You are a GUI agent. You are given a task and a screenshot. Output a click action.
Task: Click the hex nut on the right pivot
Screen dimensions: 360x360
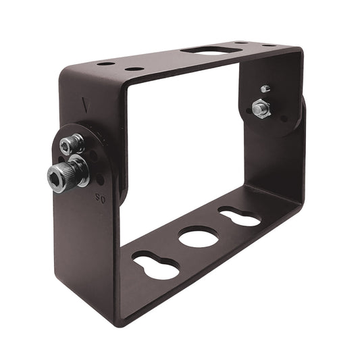click(x=261, y=108)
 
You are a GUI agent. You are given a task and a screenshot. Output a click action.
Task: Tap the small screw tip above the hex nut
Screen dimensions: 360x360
click(x=265, y=88)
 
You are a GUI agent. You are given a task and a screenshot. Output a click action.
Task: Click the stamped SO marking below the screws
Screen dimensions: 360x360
click(x=103, y=200)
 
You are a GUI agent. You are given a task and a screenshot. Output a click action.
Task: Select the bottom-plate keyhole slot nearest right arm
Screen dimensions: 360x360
click(x=238, y=216)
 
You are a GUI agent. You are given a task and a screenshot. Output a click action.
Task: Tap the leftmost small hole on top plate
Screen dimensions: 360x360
click(x=105, y=63)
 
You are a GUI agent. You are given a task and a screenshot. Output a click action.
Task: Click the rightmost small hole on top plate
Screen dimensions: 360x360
click(x=268, y=45)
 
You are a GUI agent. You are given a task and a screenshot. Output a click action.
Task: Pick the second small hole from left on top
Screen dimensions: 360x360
click(x=134, y=69)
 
